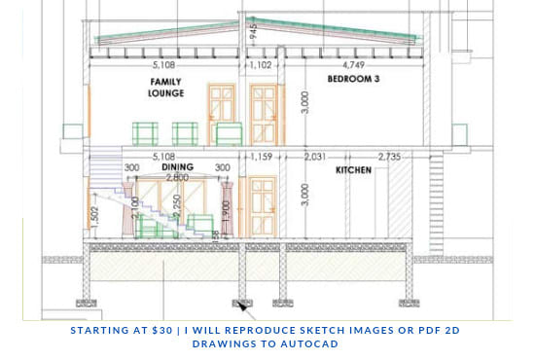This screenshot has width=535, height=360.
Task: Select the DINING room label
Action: pyautogui.click(x=176, y=167)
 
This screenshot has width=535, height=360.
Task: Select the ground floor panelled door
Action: pyautogui.click(x=263, y=206)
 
